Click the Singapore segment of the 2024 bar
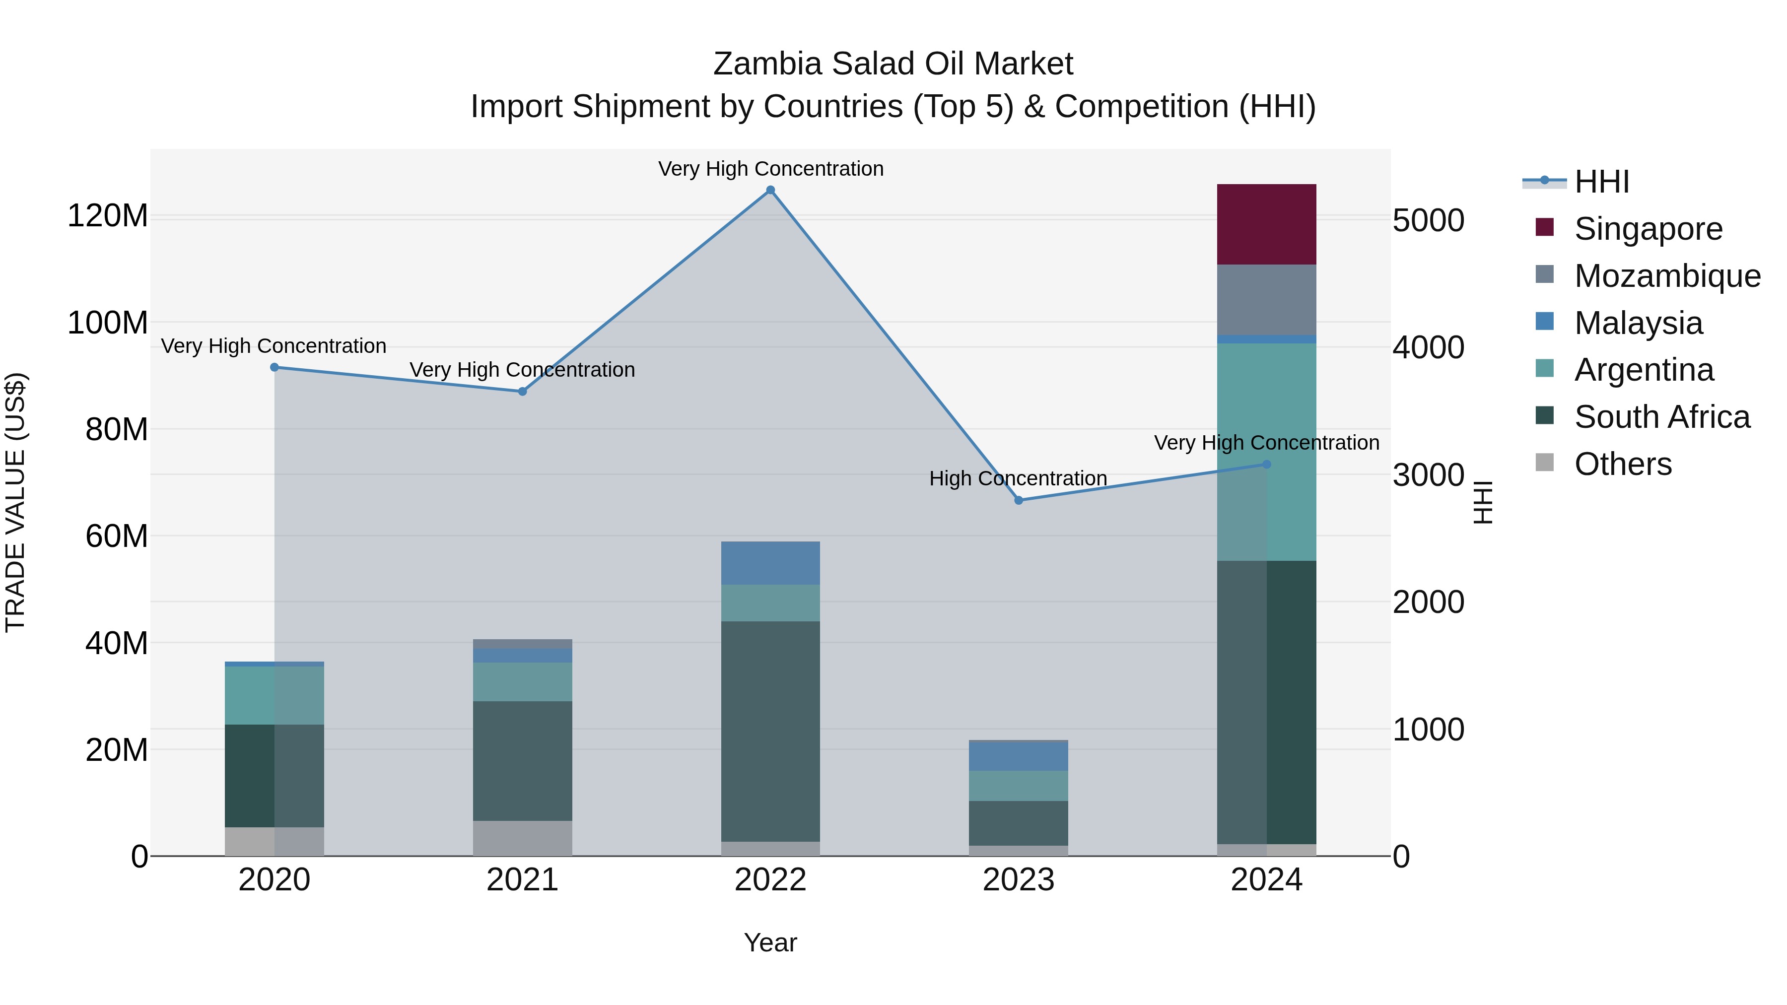[1266, 224]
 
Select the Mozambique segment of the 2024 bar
[1266, 300]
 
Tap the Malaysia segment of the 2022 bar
[770, 562]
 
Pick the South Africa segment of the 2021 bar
[522, 760]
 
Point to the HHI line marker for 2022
[770, 190]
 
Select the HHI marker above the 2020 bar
[274, 367]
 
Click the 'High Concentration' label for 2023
[1018, 478]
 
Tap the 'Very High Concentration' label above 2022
[770, 169]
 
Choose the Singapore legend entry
[1648, 229]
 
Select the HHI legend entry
[1601, 182]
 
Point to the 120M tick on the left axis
[108, 216]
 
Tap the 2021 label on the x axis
[522, 880]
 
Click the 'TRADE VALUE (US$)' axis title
[15, 502]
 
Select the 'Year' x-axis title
[770, 942]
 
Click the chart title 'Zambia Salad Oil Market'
[893, 64]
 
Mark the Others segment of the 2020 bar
[274, 841]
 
